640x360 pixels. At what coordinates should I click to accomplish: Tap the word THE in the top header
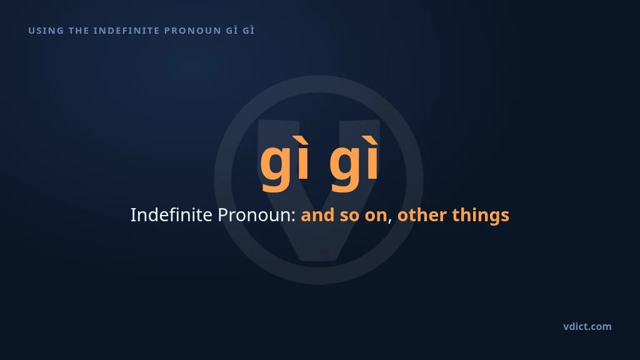point(79,31)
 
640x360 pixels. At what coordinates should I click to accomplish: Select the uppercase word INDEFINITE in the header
point(126,31)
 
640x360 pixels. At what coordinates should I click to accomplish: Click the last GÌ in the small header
point(249,30)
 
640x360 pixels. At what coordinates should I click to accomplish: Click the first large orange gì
point(285,163)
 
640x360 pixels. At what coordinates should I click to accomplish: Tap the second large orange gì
point(354,163)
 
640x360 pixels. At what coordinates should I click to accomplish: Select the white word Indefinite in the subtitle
point(171,215)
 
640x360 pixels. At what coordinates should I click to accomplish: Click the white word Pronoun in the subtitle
point(255,215)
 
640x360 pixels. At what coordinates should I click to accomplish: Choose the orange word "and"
point(317,215)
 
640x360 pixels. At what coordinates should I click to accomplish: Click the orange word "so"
point(349,217)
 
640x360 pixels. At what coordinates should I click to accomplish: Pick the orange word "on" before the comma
point(376,217)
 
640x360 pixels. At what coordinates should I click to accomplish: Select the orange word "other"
point(422,215)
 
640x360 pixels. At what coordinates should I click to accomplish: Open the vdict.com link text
point(587,326)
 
